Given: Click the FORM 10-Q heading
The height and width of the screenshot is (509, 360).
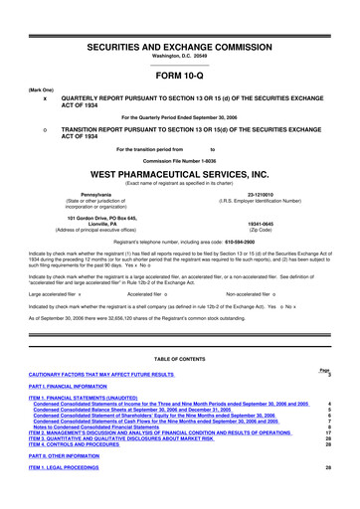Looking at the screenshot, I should pyautogui.click(x=179, y=75).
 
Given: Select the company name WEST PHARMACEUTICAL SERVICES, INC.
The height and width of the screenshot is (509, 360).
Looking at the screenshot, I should pyautogui.click(x=179, y=171).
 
